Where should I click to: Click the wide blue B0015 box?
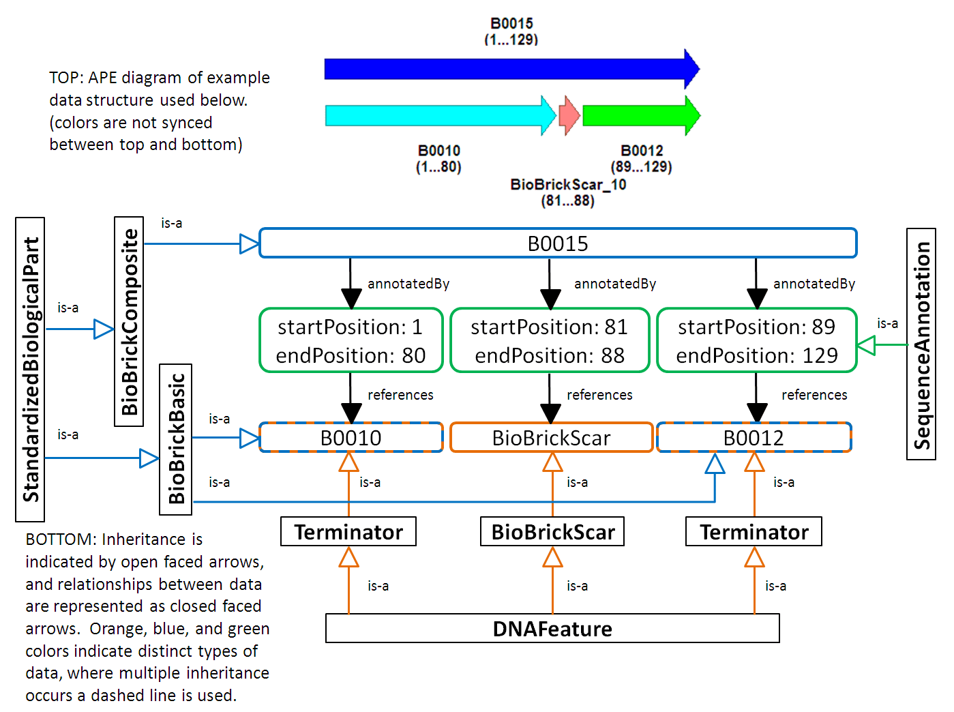pos(558,243)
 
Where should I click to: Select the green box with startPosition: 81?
pos(550,340)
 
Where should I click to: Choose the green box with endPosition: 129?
pos(756,340)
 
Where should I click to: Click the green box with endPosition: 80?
pos(351,340)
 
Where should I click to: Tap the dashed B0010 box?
pos(351,438)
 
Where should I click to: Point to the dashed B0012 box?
pos(754,438)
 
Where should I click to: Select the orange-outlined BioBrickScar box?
pos(551,438)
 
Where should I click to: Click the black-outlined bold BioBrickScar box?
pos(552,532)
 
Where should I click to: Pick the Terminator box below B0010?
pos(348,532)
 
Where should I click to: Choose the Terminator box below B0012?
pos(754,532)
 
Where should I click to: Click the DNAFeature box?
pos(552,628)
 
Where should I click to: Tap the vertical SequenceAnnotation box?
pos(921,344)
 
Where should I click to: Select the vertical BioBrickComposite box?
pos(129,321)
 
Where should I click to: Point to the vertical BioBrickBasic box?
pos(176,439)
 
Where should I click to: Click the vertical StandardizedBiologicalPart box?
pos(30,370)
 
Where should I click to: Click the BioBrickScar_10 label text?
pos(568,185)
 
